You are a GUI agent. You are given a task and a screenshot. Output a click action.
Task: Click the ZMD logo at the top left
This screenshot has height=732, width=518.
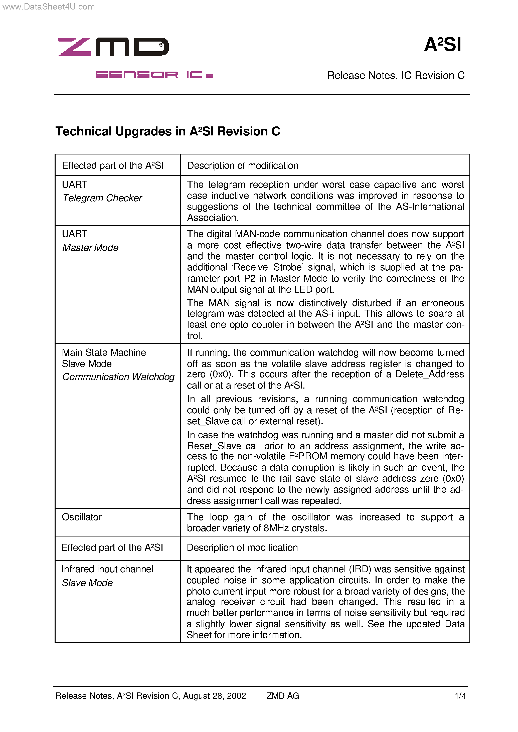pyautogui.click(x=113, y=47)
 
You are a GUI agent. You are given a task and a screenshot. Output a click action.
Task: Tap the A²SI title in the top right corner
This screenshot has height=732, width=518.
pyautogui.click(x=442, y=44)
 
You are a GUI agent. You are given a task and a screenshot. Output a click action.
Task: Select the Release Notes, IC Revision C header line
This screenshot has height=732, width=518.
pyautogui.click(x=396, y=76)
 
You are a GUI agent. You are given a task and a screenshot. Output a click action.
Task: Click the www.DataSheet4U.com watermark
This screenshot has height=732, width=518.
pyautogui.click(x=49, y=7)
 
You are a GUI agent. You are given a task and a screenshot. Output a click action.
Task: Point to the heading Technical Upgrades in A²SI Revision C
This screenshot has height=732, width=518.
pyautogui.click(x=167, y=131)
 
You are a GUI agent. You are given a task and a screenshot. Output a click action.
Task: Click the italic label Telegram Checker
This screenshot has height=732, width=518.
pyautogui.click(x=102, y=198)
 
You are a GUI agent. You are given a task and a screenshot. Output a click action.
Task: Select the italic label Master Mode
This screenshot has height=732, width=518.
pyautogui.click(x=90, y=248)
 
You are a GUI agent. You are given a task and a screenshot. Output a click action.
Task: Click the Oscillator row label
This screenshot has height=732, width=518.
pyautogui.click(x=82, y=517)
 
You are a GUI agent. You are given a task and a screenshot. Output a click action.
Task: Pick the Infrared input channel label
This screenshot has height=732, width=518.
pyautogui.click(x=107, y=569)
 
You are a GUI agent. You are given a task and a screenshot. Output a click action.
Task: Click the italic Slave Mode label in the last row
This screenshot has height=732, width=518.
pyautogui.click(x=87, y=583)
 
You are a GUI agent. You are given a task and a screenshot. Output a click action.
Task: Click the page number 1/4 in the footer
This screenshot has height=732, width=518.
pyautogui.click(x=460, y=696)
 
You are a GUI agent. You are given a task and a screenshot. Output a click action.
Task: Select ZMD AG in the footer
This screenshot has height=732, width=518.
pyautogui.click(x=283, y=696)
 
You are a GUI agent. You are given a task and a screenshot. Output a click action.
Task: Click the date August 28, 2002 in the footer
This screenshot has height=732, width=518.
pyautogui.click(x=214, y=696)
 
